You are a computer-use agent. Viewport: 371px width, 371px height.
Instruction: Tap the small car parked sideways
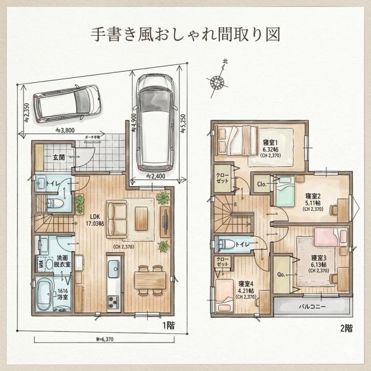pyautogui.click(x=66, y=103)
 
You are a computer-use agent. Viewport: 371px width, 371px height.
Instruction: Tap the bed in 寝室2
pyautogui.click(x=285, y=192)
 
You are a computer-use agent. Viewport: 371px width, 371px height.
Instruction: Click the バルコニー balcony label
pyautogui.click(x=312, y=306)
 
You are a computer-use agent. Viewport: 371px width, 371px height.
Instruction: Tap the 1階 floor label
pyautogui.click(x=169, y=325)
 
